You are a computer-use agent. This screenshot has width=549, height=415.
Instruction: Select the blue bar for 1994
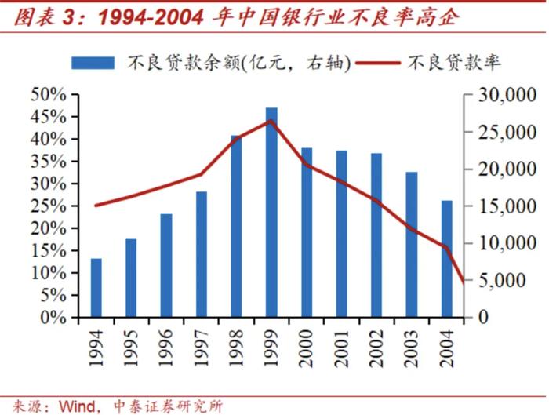96,288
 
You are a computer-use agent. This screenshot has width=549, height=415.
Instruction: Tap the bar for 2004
446,259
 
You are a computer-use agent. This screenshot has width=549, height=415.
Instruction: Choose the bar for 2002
376,235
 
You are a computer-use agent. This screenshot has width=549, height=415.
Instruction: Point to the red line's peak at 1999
271,121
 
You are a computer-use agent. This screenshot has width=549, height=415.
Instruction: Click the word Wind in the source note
75,406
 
